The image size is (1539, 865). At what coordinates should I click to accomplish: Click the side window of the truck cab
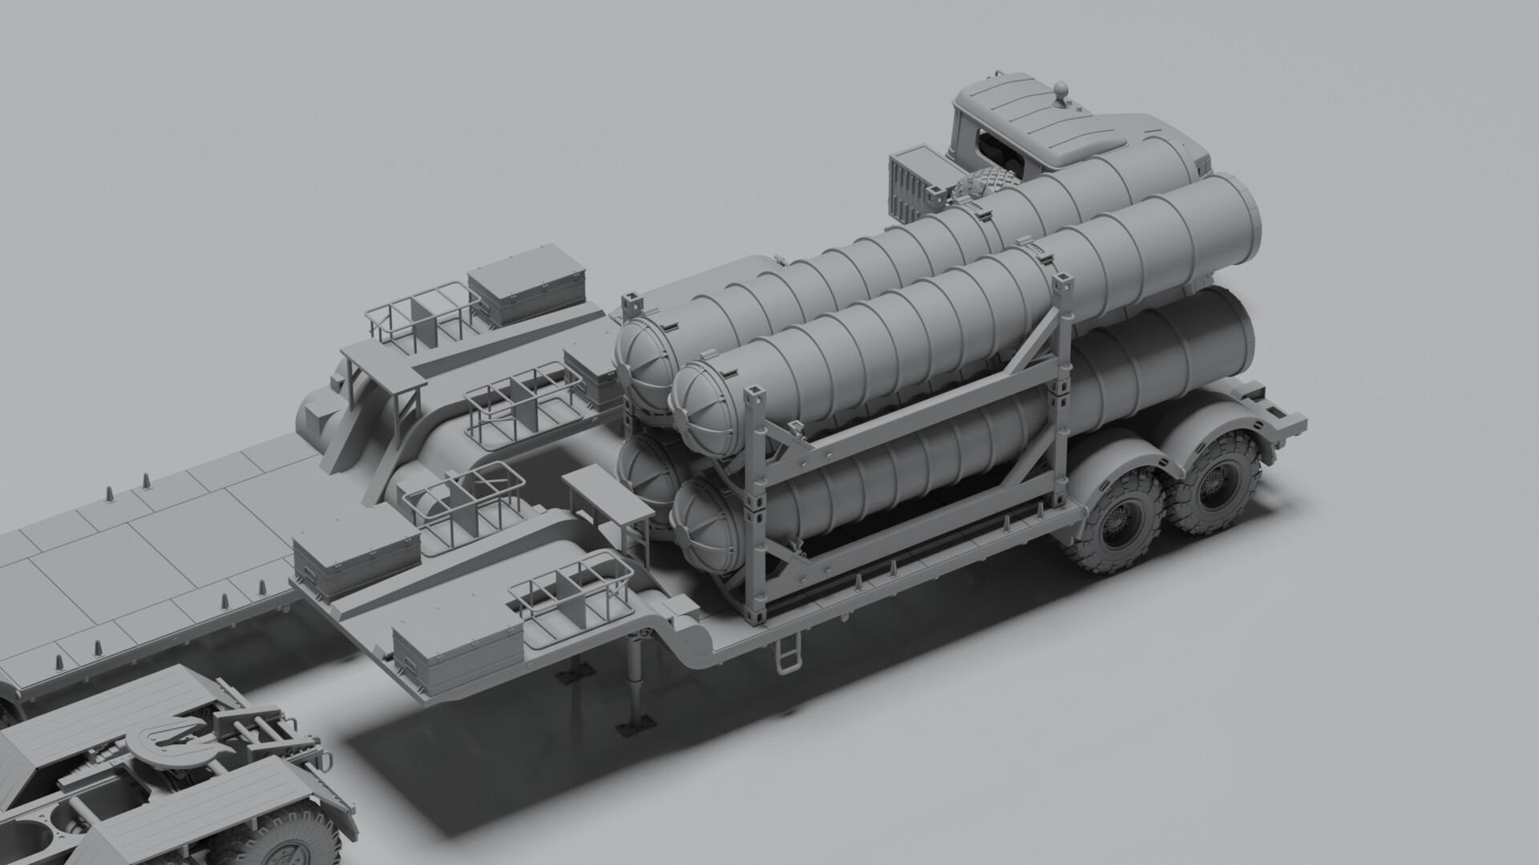point(991,148)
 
